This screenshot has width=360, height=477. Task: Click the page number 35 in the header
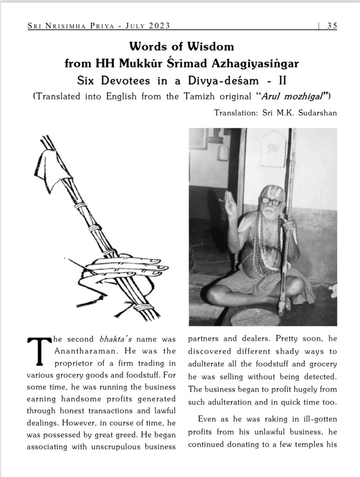point(332,26)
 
